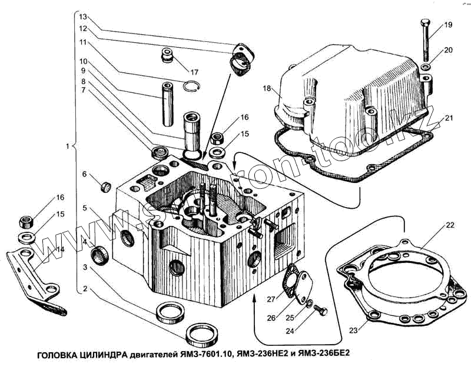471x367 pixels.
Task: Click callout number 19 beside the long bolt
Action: point(448,25)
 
